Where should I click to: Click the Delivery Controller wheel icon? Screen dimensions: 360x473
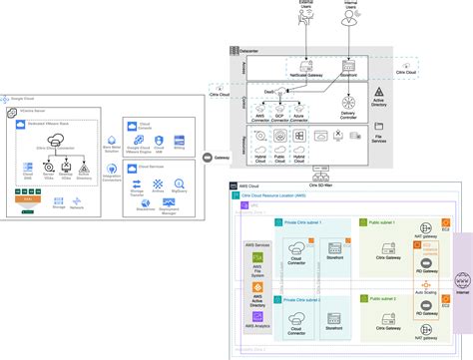tap(348, 103)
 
